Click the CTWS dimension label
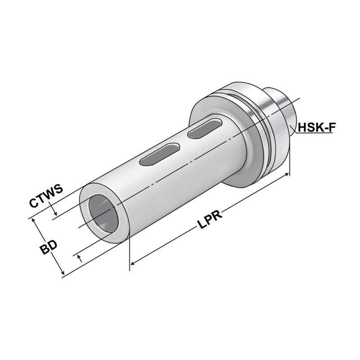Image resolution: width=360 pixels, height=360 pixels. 45,196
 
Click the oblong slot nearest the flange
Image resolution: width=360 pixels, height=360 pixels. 202,129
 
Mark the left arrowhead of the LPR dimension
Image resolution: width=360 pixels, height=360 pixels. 133,262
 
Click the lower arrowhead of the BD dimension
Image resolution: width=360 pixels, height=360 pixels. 62,272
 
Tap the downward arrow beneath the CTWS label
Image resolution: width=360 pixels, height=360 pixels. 54,213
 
